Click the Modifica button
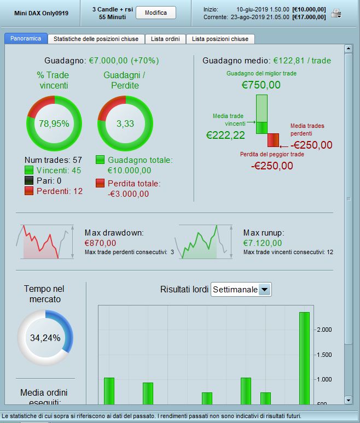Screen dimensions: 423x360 155,13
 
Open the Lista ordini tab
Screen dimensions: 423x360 166,39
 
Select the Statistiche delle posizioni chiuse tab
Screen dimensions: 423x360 96,39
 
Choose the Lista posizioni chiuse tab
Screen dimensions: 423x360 220,39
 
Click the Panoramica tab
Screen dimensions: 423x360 26,39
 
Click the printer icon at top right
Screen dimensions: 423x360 336,14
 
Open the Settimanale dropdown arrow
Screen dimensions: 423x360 265,290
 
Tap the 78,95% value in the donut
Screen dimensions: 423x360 54,124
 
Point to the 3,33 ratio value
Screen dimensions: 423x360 125,124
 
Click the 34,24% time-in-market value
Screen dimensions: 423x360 45,338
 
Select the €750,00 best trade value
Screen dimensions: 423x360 261,85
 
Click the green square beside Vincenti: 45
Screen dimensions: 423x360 29,171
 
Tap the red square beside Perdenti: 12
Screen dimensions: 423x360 29,191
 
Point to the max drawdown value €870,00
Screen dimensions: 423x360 100,243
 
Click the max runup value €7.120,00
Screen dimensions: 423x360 263,243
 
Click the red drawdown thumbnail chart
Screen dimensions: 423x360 40,241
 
